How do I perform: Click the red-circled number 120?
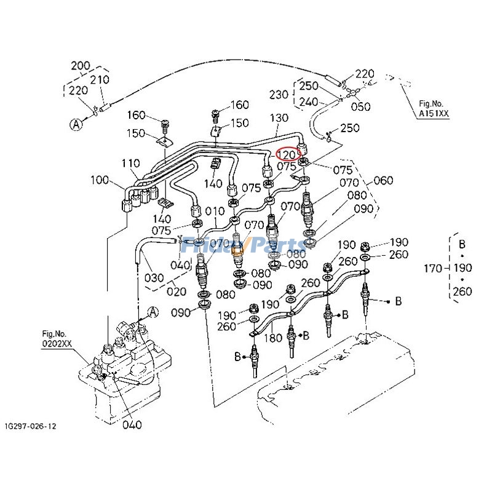pyautogui.click(x=287, y=154)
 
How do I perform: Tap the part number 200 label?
pyautogui.click(x=81, y=66)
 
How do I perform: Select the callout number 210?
pyautogui.click(x=100, y=79)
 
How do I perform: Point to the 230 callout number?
pyautogui.click(x=279, y=95)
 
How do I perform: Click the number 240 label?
pyautogui.click(x=309, y=102)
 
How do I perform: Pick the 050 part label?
pyautogui.click(x=360, y=106)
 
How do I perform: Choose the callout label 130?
pyautogui.click(x=279, y=117)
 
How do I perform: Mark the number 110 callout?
pyautogui.click(x=130, y=164)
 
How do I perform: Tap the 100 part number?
pyautogui.click(x=98, y=181)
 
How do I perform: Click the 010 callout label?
pyautogui.click(x=215, y=212)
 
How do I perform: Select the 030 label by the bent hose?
pyautogui.click(x=154, y=277)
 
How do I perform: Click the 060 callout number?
pyautogui.click(x=383, y=180)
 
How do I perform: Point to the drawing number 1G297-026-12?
pyautogui.click(x=33, y=426)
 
